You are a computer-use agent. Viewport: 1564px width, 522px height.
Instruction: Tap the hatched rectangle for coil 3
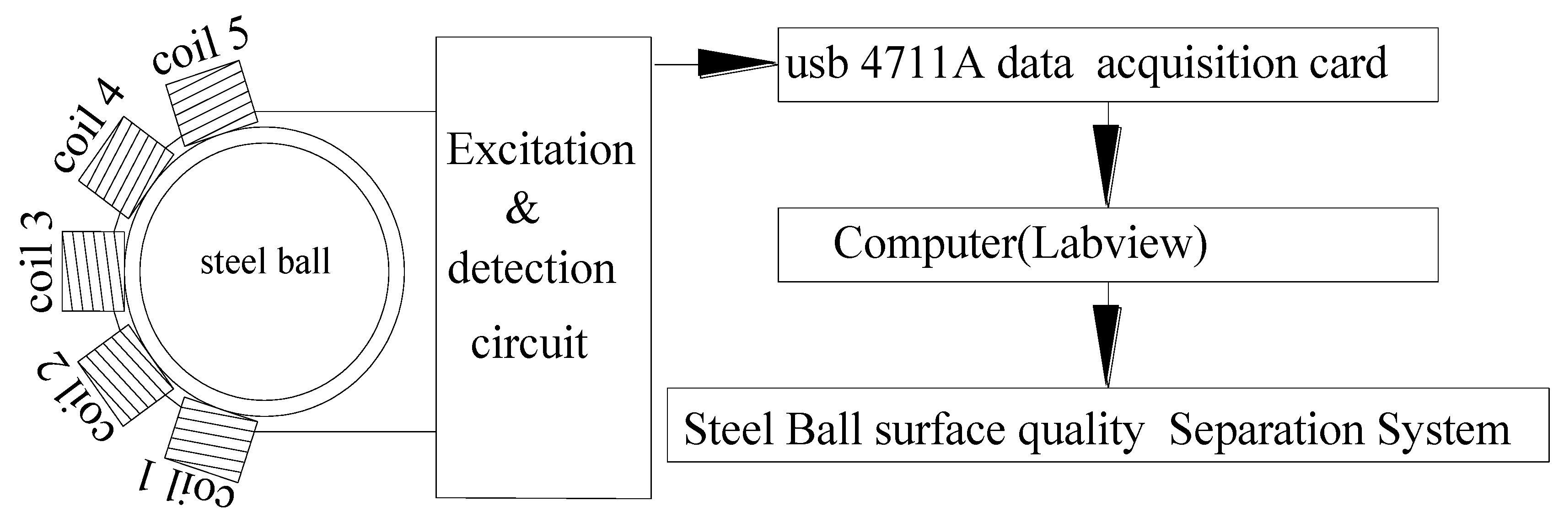(x=93, y=272)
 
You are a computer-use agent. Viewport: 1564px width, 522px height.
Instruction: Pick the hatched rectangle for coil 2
(x=125, y=375)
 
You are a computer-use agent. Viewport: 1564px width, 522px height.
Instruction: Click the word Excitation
(x=540, y=149)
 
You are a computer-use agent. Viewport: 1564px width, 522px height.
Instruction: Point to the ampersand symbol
(x=522, y=209)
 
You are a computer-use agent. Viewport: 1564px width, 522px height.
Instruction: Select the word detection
(x=531, y=268)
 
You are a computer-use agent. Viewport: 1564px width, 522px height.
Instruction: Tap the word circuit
(x=529, y=344)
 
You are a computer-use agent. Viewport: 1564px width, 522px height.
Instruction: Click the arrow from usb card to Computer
(x=1107, y=164)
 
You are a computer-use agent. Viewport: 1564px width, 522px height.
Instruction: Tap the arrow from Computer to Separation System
(x=1107, y=344)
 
